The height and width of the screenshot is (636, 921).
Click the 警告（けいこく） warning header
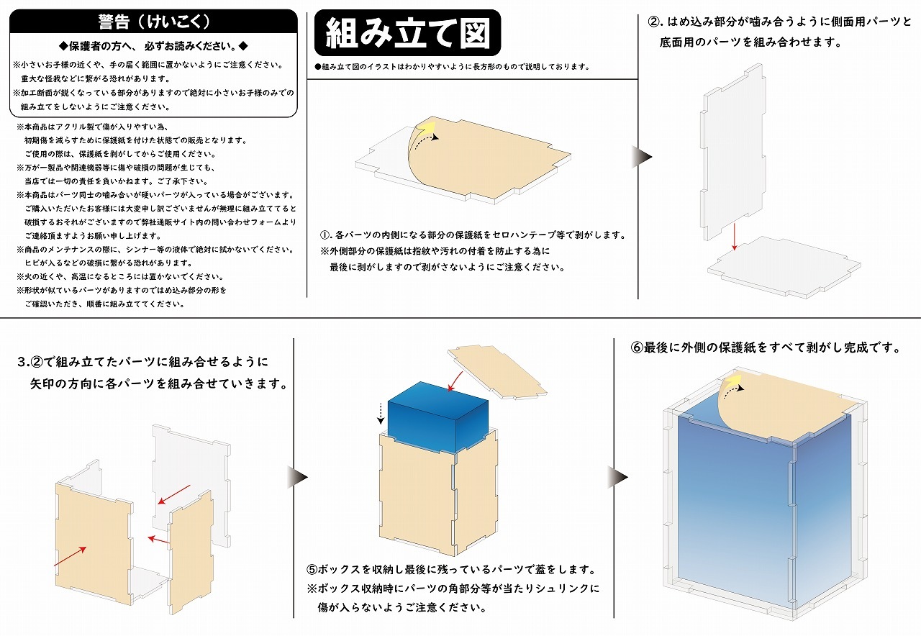pyautogui.click(x=153, y=22)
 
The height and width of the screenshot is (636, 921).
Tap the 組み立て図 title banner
pyautogui.click(x=407, y=32)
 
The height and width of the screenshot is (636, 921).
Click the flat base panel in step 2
pyautogui.click(x=784, y=268)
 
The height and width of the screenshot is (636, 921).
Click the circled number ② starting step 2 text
pyautogui.click(x=654, y=22)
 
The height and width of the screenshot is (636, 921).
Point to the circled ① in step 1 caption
pyautogui.click(x=325, y=235)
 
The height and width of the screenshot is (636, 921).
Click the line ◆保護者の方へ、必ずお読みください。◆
pyautogui.click(x=153, y=46)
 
